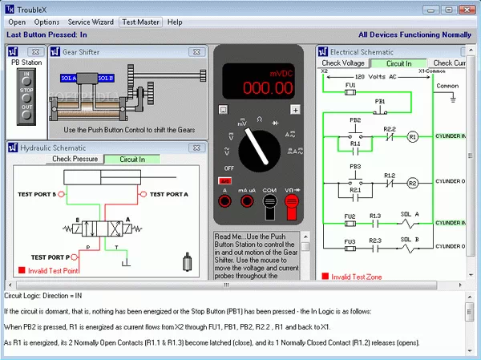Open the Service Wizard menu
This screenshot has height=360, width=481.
coord(90,22)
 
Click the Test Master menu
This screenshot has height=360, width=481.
coord(140,22)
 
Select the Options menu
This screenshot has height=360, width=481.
coord(46,22)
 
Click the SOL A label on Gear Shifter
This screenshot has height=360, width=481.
coord(69,78)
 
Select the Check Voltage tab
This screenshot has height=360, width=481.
coord(343,63)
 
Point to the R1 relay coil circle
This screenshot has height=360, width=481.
coord(413,137)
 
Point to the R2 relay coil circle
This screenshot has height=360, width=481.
coord(413,183)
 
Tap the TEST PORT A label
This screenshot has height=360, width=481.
coord(169,194)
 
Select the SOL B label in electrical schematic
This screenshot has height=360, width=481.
coord(410,238)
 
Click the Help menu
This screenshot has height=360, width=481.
coord(175,22)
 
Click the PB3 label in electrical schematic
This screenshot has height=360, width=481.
coord(354,166)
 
